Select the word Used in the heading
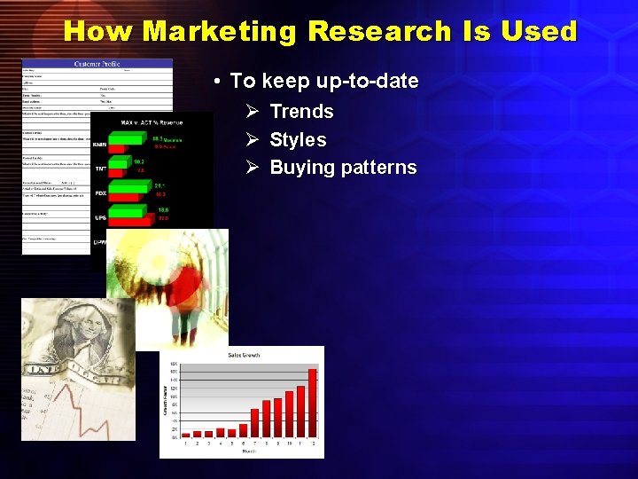tap(538, 31)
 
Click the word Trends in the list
tap(301, 112)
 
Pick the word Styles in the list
tap(298, 140)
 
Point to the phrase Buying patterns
tap(343, 168)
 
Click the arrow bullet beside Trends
tap(252, 112)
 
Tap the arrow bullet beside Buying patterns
tap(252, 168)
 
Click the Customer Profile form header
tap(97, 65)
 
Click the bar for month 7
tap(254, 422)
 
